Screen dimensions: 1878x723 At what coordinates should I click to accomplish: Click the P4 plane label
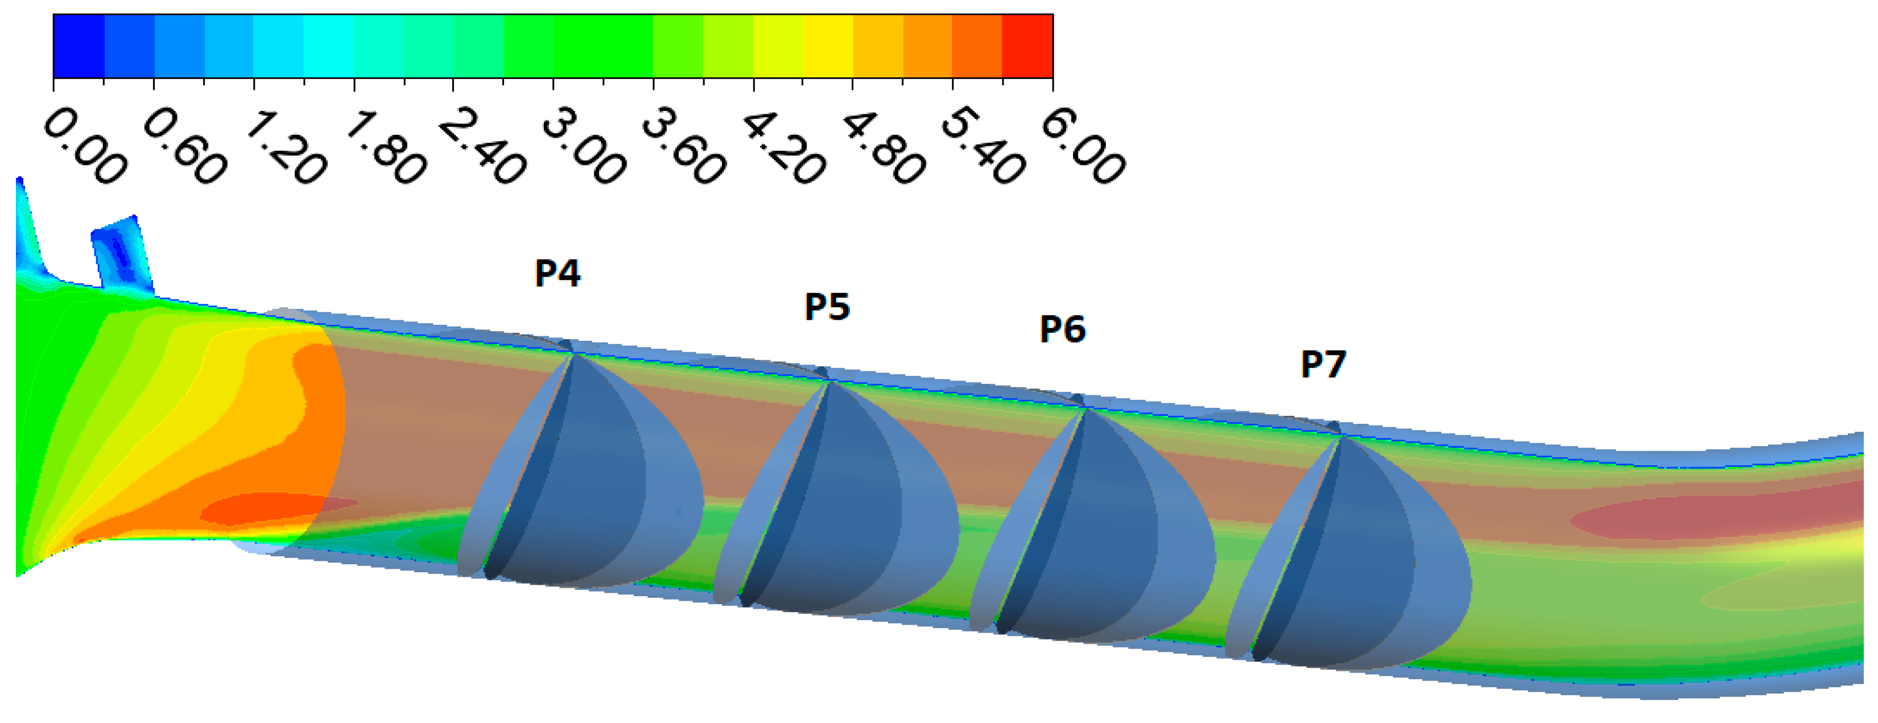click(x=558, y=272)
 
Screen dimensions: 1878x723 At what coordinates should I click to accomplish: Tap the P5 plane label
click(x=827, y=306)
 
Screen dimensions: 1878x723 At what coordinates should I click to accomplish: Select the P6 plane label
click(x=1063, y=329)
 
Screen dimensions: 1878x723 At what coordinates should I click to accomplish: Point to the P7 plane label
click(x=1324, y=363)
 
